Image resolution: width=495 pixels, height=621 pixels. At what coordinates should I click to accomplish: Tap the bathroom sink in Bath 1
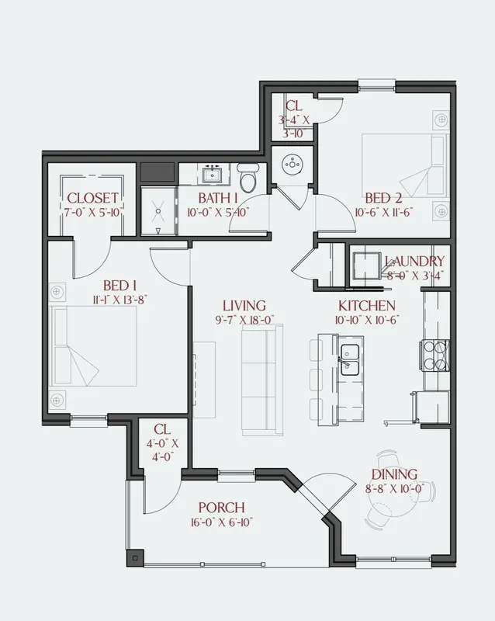213,174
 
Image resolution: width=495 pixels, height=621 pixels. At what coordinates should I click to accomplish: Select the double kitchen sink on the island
350,359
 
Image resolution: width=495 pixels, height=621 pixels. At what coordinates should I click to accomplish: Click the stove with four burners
434,356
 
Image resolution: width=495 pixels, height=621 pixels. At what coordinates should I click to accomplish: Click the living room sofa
262,380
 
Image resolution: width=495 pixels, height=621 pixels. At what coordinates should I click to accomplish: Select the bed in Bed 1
92,345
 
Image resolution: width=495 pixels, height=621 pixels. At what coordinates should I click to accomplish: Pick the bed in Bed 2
405,165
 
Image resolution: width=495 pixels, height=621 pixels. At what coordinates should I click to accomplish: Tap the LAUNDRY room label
414,262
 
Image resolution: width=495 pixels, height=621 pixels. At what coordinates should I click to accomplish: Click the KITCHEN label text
367,306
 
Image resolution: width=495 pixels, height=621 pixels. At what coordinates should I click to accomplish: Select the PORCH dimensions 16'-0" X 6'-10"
221,522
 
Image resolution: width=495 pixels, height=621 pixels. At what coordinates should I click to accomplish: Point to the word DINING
394,474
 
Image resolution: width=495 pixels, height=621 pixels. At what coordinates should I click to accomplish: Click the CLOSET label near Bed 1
92,198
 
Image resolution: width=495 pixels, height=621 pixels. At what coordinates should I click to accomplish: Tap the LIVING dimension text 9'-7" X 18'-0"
244,320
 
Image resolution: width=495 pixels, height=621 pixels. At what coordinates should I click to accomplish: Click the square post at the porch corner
135,558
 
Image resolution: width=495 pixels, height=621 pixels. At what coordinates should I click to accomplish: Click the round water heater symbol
292,164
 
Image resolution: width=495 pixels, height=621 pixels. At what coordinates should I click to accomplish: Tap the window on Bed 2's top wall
376,85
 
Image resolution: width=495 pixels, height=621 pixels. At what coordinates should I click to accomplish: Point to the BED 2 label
383,198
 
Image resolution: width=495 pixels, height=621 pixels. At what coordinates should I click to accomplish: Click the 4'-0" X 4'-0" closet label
162,450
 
